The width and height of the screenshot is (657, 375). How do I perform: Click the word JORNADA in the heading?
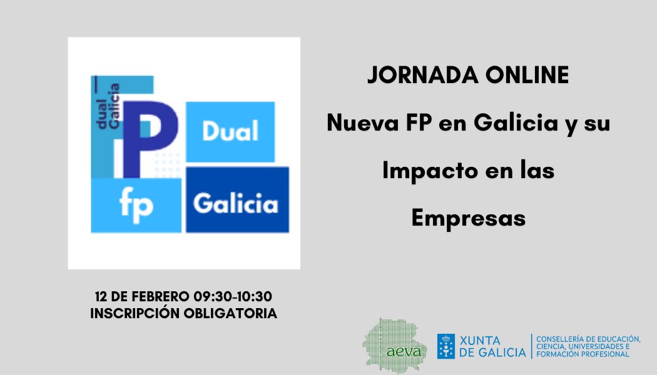pos(423,76)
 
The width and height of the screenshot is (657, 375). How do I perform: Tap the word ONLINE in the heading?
pos(527,76)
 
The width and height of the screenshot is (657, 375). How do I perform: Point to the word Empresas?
pos(469,219)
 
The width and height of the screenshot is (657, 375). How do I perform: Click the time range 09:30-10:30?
pos(233,297)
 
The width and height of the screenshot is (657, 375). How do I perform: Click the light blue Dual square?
pos(230,132)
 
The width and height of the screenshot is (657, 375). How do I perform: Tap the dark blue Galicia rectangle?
pos(238,199)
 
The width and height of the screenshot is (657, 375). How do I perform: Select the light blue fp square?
pos(136,205)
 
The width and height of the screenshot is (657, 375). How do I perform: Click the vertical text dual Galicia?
pos(108,106)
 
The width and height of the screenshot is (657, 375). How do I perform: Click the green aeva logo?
pos(394,346)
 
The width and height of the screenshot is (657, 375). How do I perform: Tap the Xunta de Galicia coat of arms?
pos(446,346)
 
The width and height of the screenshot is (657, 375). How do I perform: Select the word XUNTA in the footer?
pos(480,341)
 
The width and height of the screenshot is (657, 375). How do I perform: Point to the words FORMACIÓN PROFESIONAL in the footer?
pos(583,354)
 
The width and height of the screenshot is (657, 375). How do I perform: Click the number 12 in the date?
pos(101,297)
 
